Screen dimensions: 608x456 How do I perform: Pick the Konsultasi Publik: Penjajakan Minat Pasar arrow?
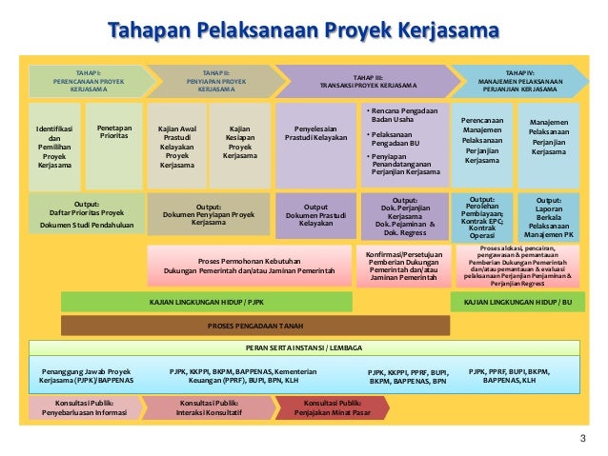click(331, 407)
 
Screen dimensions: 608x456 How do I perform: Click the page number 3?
click(583, 437)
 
